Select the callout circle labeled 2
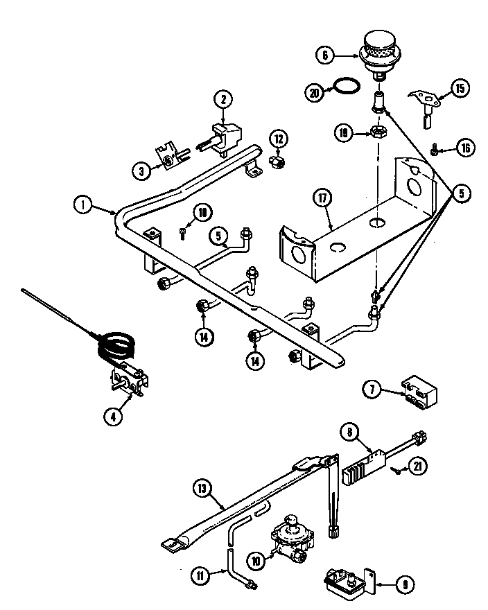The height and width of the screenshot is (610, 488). [223, 100]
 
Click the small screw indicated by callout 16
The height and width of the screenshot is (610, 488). [434, 148]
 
